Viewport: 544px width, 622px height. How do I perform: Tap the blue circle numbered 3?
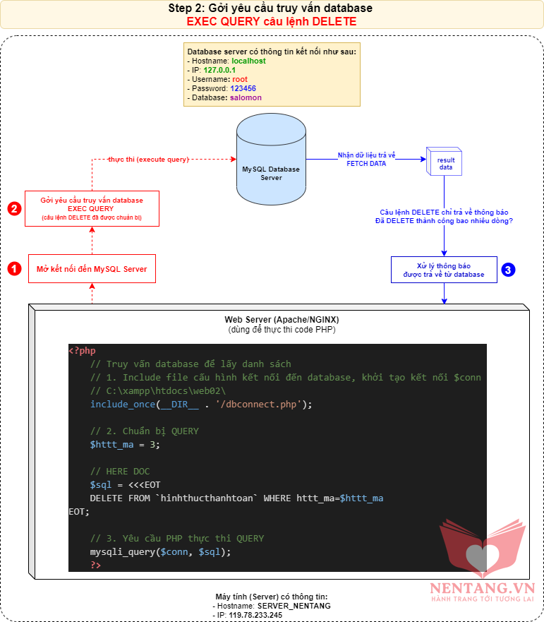coord(509,269)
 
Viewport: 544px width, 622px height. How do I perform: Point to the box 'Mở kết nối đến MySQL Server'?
coord(92,269)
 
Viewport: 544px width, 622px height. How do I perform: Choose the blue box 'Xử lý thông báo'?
coord(444,269)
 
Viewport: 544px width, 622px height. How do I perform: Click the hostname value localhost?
coord(248,61)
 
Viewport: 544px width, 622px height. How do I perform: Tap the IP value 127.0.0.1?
coord(219,70)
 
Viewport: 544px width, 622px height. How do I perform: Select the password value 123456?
coord(243,88)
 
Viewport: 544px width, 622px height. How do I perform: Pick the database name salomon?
coord(245,97)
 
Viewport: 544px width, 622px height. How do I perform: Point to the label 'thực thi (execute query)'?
coord(148,160)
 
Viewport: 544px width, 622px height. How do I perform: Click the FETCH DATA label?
coord(366,163)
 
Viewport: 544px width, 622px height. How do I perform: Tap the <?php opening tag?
coord(82,350)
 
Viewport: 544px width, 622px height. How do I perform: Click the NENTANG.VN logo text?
coord(483,587)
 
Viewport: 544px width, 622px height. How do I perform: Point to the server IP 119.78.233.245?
coord(255,615)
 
